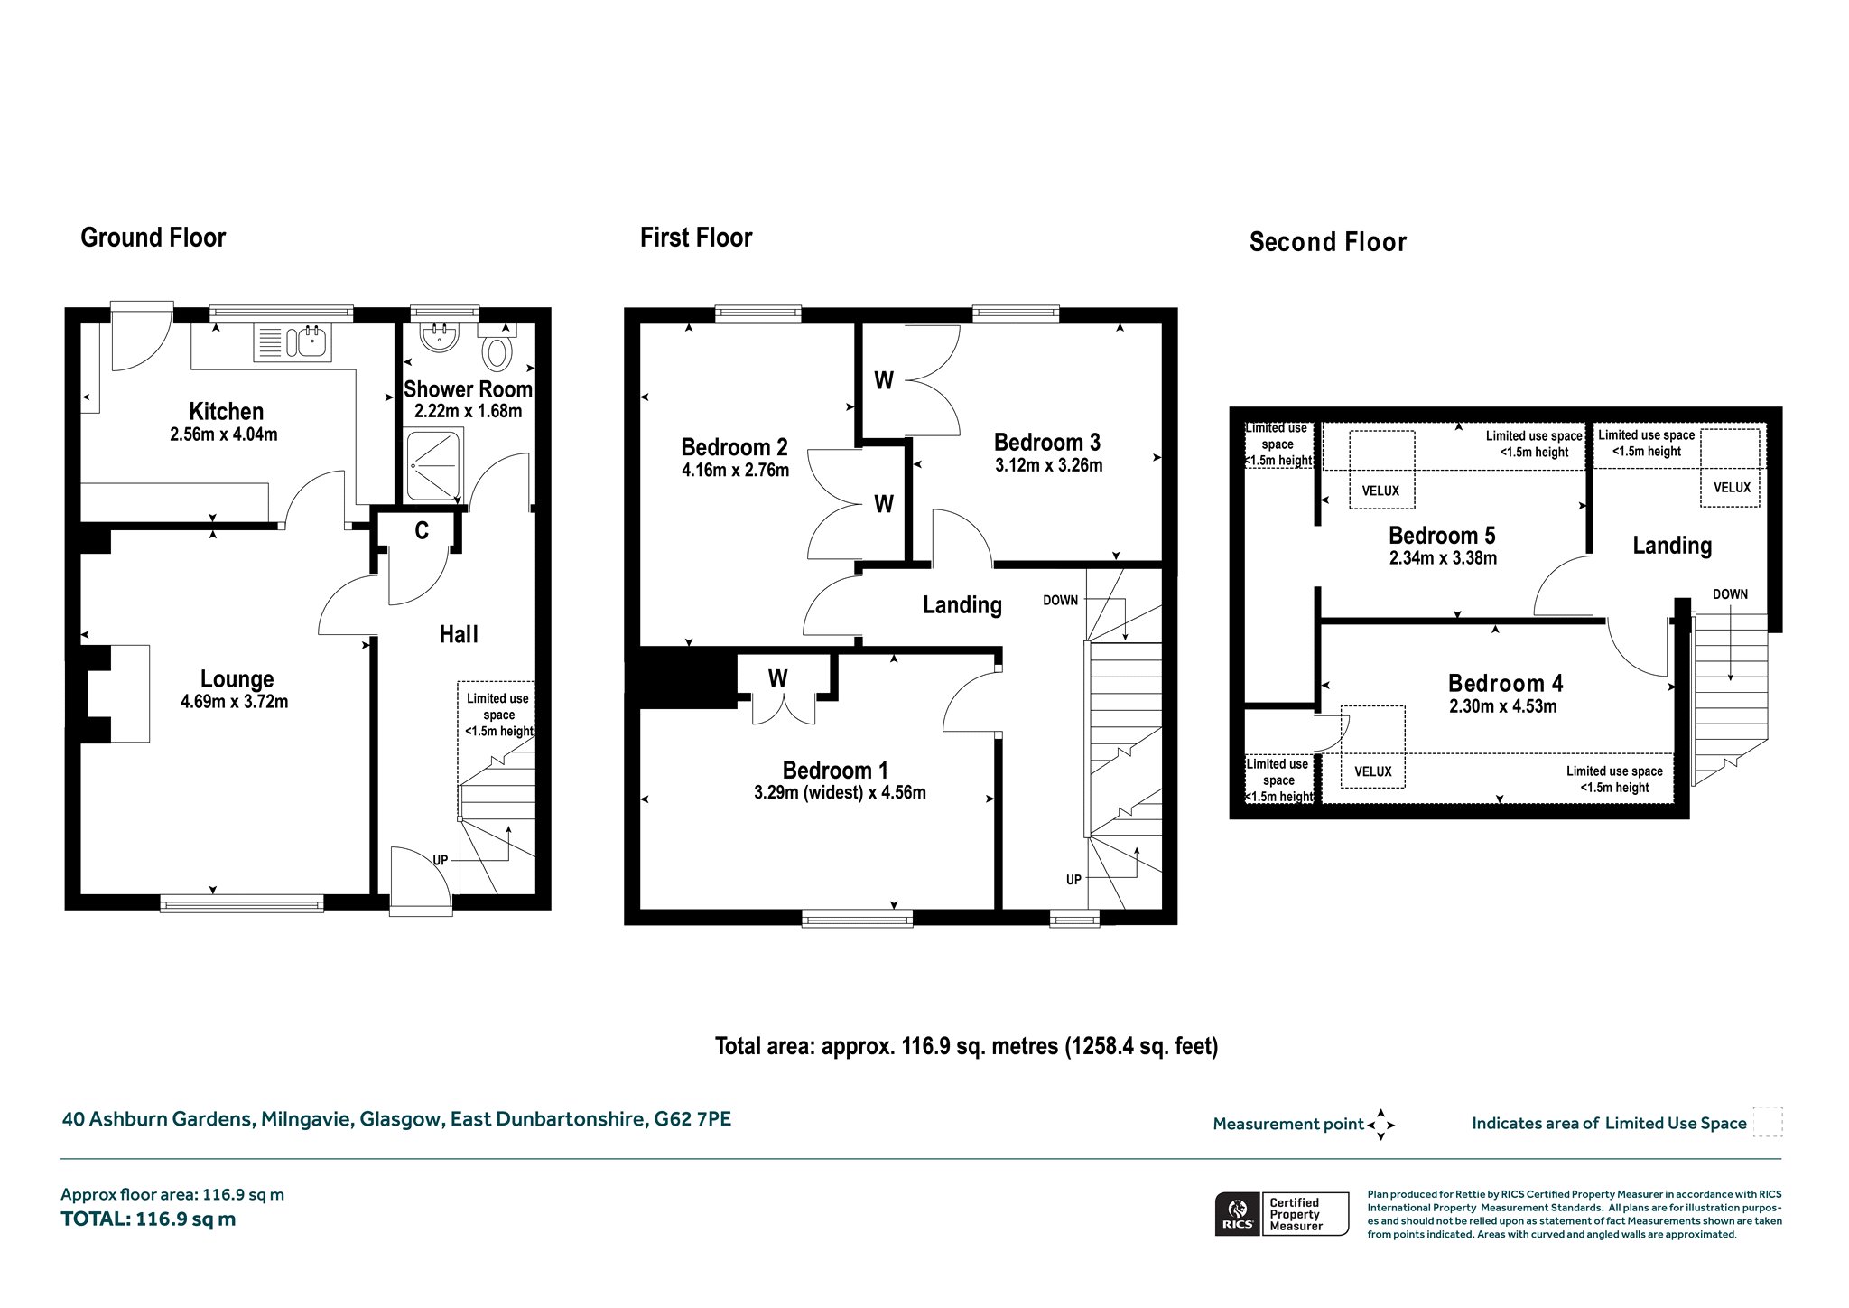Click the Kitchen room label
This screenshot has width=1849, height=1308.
[227, 412]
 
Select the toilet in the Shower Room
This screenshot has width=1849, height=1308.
[497, 347]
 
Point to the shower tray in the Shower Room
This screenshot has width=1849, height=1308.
[434, 466]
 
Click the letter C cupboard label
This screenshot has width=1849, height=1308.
[422, 531]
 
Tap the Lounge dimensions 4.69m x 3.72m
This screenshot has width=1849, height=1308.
[235, 702]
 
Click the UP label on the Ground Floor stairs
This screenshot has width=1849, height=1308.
[441, 860]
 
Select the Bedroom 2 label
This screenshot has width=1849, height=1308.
[734, 447]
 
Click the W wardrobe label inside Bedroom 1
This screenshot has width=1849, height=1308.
[778, 677]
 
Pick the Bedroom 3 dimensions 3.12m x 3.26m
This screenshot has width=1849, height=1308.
[1049, 466]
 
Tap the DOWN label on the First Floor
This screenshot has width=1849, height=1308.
[1061, 600]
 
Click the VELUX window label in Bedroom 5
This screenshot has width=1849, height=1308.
[1380, 490]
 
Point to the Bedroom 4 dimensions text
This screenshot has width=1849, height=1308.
[1503, 707]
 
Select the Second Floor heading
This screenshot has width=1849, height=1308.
[1328, 242]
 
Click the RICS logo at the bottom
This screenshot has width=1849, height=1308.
[1238, 1213]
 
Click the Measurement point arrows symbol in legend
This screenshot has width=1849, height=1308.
[1380, 1125]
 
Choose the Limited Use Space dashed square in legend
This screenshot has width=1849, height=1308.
[1767, 1122]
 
